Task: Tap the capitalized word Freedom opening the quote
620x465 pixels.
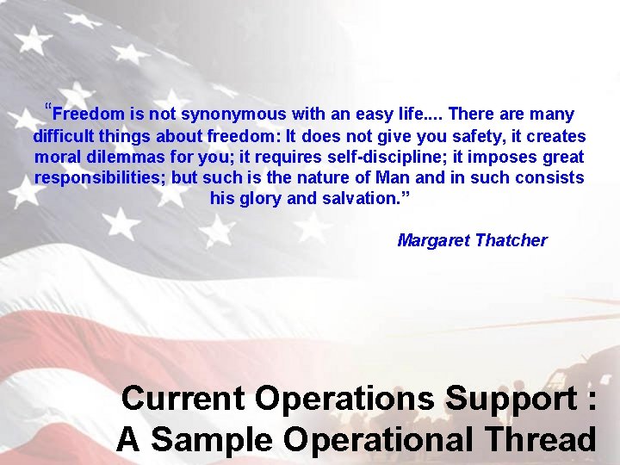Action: pyautogui.click(x=89, y=115)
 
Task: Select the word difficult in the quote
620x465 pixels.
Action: pyautogui.click(x=63, y=136)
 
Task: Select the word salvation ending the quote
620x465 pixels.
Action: pyautogui.click(x=366, y=198)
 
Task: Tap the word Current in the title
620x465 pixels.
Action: pyautogui.click(x=183, y=399)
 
